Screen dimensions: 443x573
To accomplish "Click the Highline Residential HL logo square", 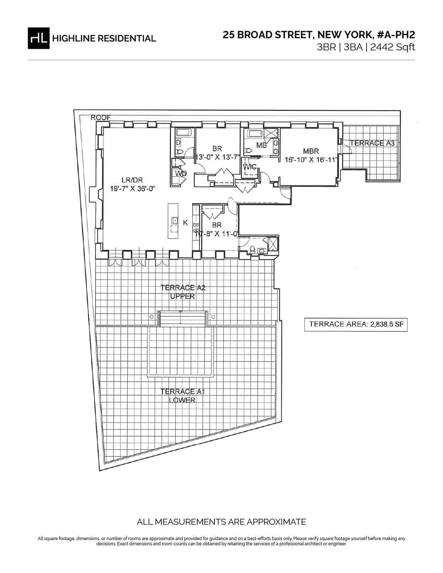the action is point(38,38).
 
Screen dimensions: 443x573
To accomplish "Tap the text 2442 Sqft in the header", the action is point(392,48).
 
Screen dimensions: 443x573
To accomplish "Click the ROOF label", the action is point(100,118).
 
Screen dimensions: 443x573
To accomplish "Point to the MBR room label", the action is point(311,151).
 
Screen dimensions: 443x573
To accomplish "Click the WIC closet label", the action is point(250,167).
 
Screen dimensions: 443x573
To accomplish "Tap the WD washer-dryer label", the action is point(181,174).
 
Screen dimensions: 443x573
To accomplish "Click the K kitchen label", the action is point(186,223).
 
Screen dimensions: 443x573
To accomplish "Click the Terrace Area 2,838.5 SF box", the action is point(356,324).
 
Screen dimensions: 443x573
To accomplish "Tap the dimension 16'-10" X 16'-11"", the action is point(311,160).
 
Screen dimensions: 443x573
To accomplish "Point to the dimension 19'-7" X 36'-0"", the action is point(132,189).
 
